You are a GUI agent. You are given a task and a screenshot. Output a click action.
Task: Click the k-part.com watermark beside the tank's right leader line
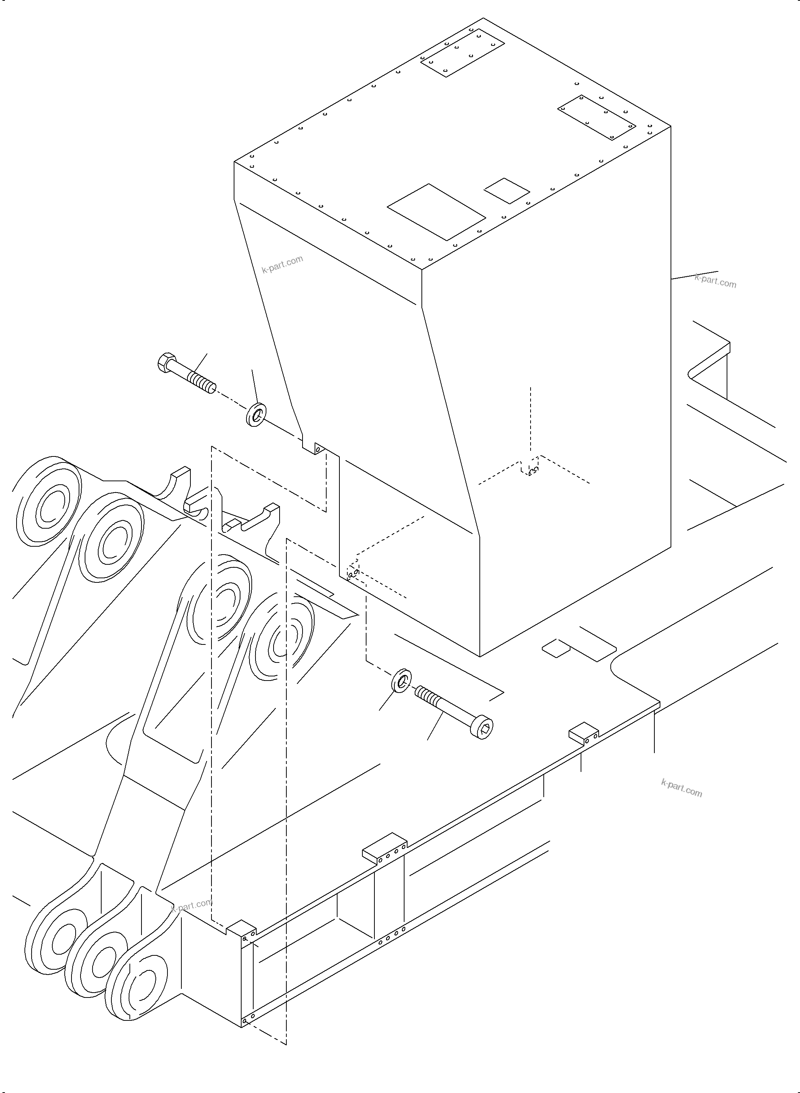(x=715, y=280)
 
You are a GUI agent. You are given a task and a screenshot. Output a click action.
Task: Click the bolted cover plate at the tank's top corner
(x=462, y=52)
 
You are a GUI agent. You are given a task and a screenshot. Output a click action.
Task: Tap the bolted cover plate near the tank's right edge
(x=596, y=117)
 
